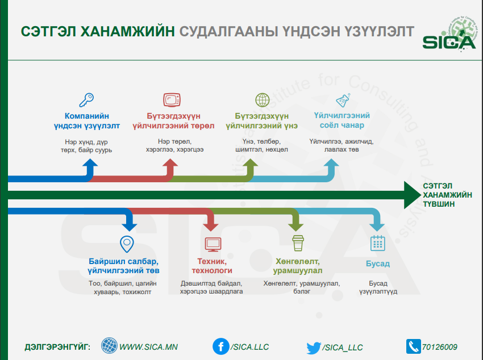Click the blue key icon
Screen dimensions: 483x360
click(x=86, y=100)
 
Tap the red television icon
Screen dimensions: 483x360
click(x=172, y=100)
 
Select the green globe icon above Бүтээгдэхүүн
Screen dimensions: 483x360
click(x=262, y=100)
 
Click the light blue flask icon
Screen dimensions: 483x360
click(x=343, y=100)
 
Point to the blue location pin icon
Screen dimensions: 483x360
click(x=127, y=244)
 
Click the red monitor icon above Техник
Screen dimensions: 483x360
click(x=213, y=244)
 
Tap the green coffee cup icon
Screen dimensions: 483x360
click(x=298, y=243)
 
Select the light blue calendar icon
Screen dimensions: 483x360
click(x=378, y=243)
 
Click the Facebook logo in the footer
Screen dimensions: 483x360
click(x=220, y=346)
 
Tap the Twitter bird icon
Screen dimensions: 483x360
click(x=314, y=348)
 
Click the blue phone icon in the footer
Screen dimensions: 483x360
click(x=413, y=346)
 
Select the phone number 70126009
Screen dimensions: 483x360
click(x=440, y=347)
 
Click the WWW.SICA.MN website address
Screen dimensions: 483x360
click(x=148, y=347)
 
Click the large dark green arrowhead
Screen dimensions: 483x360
click(x=412, y=195)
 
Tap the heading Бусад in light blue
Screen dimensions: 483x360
click(x=378, y=263)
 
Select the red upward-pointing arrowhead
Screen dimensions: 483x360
click(x=170, y=164)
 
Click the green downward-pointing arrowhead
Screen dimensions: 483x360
click(x=295, y=227)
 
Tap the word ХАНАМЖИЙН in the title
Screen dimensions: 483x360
click(x=127, y=31)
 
